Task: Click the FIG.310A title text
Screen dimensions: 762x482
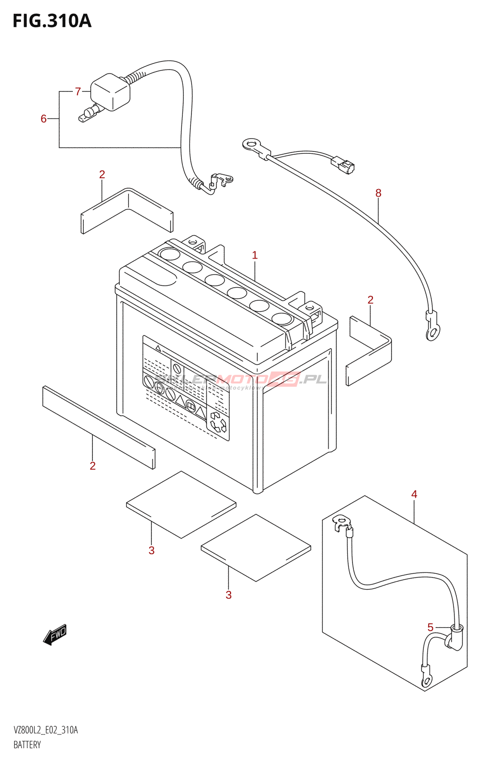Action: [x=52, y=21]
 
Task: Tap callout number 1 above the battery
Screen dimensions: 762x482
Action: [x=255, y=255]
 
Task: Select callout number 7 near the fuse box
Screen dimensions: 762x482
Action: [x=78, y=91]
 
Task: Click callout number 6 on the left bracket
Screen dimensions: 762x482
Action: [x=43, y=119]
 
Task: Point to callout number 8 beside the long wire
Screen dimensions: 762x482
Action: [x=378, y=193]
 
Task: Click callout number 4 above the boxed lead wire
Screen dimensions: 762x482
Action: [x=414, y=494]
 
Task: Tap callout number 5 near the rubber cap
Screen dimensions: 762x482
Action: [x=431, y=627]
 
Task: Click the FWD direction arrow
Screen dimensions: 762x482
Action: [x=55, y=635]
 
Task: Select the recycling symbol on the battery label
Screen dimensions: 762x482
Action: [x=218, y=422]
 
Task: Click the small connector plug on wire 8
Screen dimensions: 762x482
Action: [x=343, y=164]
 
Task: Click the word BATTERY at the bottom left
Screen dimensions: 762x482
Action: [x=27, y=745]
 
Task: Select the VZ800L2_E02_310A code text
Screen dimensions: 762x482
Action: [x=46, y=730]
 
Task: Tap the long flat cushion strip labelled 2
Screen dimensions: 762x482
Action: [x=99, y=427]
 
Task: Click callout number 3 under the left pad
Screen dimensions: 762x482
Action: [x=151, y=551]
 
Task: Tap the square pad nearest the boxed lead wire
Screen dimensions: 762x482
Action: [x=256, y=548]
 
